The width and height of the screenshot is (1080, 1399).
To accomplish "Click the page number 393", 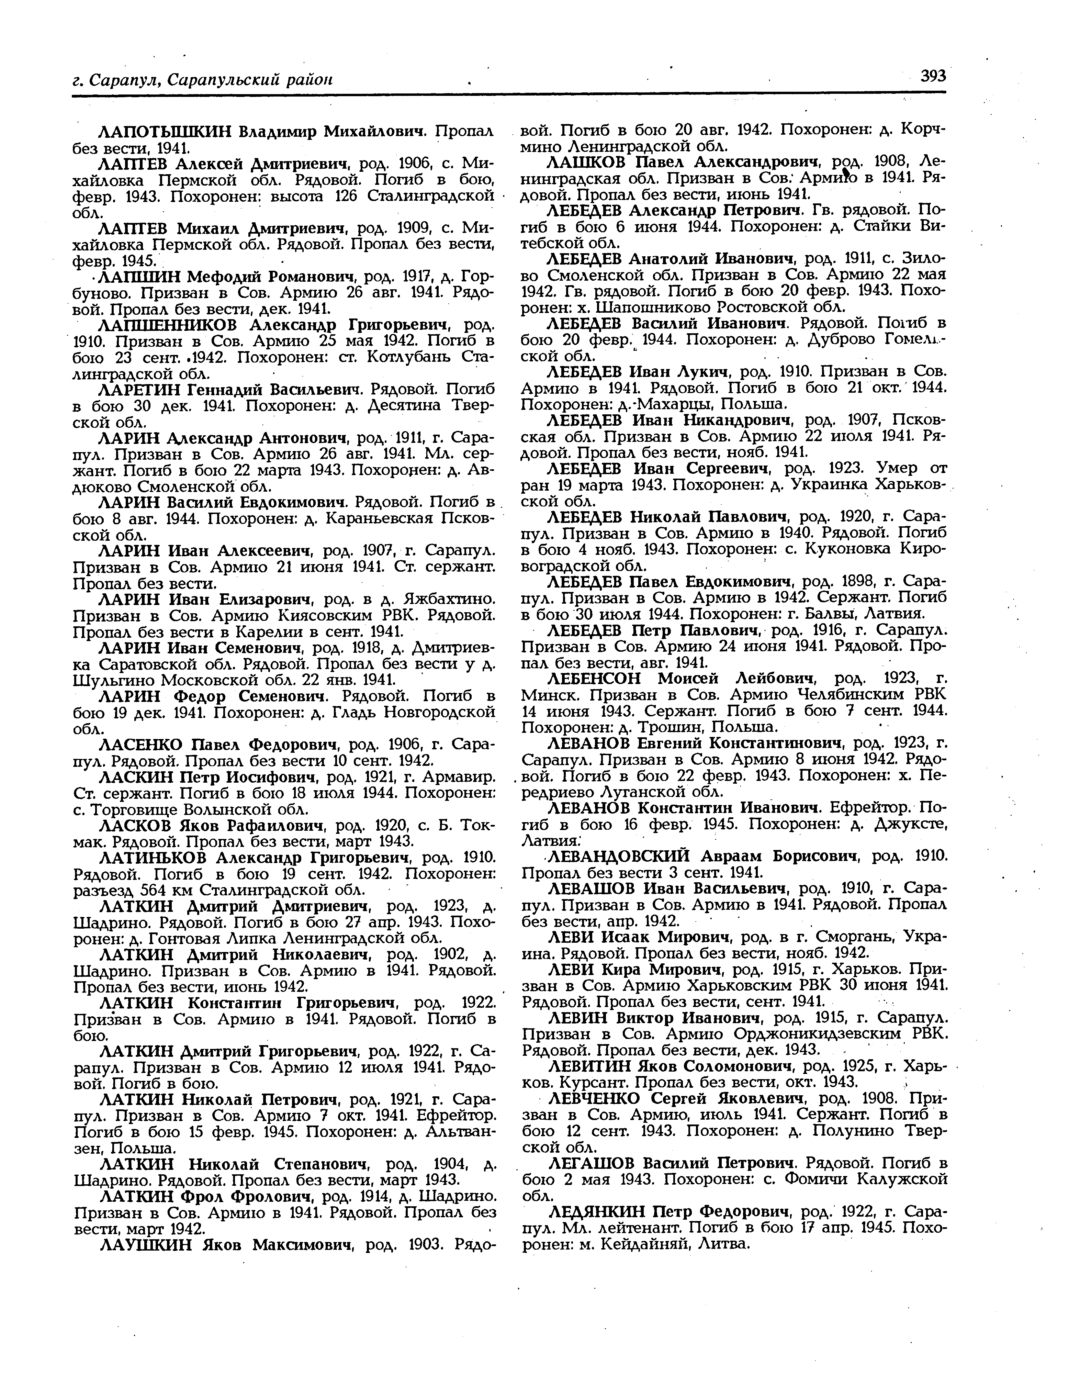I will [x=933, y=77].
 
